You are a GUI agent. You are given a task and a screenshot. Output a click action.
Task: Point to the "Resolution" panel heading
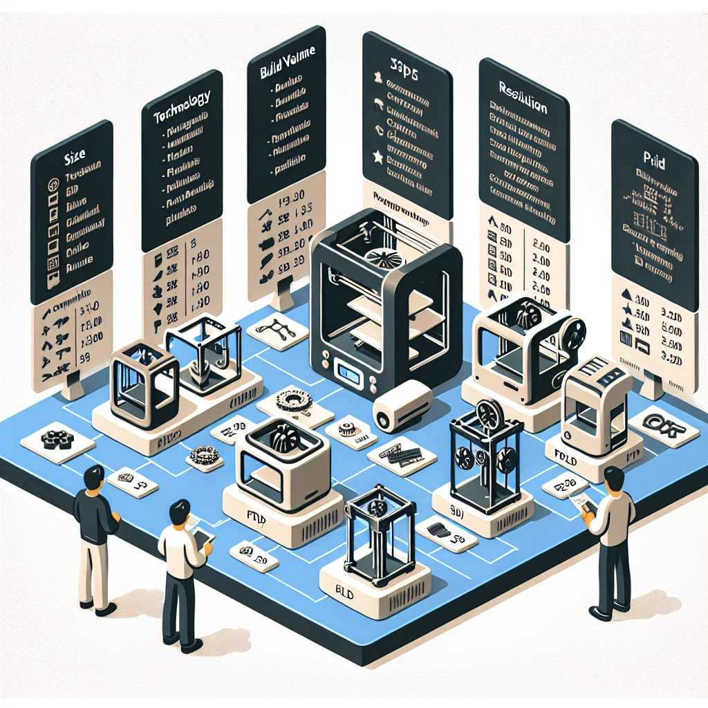point(523,108)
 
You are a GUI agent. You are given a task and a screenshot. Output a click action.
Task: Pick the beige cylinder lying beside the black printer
point(402,407)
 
